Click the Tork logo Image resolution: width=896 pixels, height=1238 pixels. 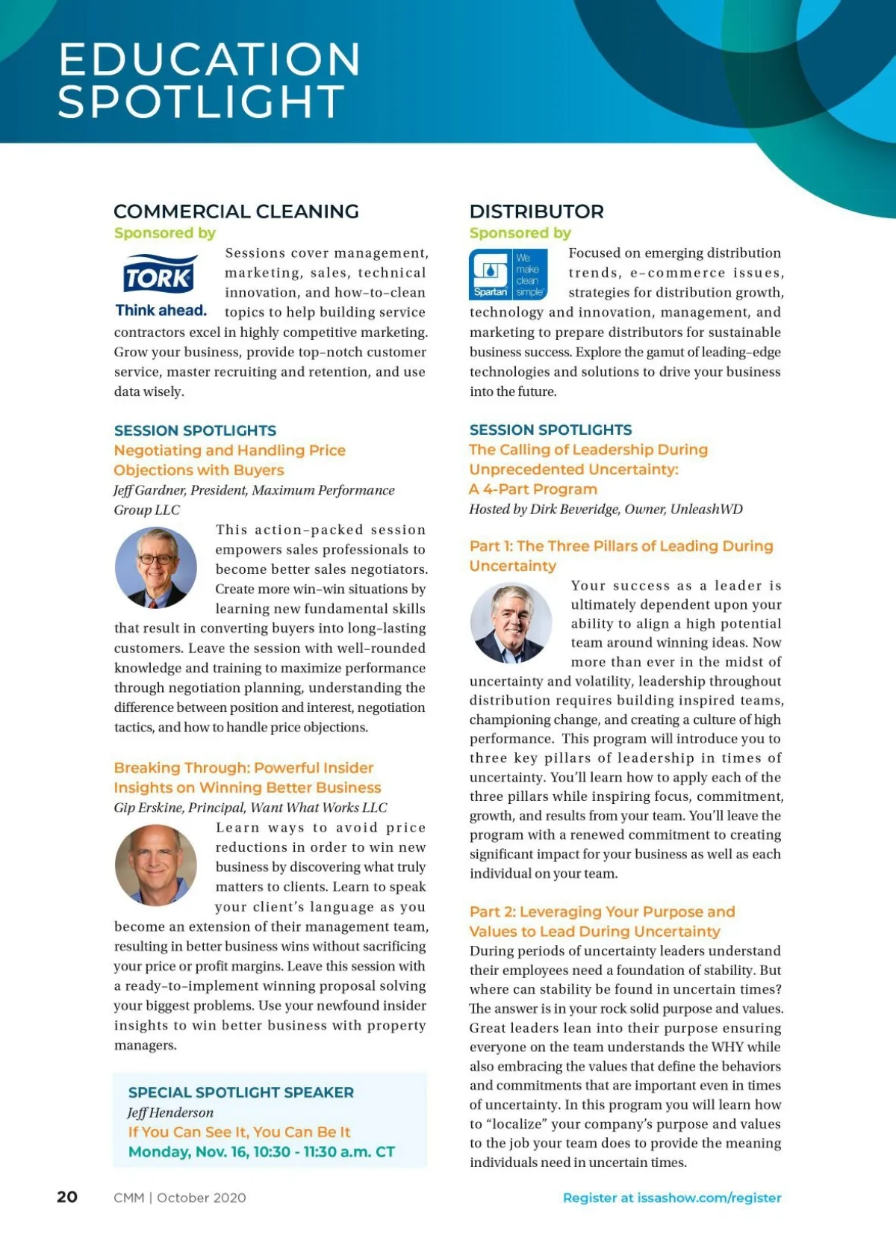click(160, 276)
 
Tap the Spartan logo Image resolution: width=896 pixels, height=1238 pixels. click(508, 274)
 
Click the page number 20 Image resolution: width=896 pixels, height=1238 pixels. click(67, 1196)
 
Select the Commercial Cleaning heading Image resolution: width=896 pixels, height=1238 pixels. click(236, 211)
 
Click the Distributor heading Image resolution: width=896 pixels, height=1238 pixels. click(536, 211)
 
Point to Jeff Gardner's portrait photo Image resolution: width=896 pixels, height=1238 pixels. click(156, 567)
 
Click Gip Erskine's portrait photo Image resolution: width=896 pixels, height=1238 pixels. click(156, 865)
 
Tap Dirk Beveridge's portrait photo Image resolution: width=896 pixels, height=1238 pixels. click(511, 624)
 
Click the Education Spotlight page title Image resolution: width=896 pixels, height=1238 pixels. click(209, 80)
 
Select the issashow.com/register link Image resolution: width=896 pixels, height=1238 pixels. click(672, 1198)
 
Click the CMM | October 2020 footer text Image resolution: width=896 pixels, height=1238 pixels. click(179, 1198)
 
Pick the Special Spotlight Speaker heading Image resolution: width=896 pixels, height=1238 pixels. click(241, 1092)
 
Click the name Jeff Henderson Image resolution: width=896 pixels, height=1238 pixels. click(170, 1112)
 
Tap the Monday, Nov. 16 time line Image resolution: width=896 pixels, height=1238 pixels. click(261, 1151)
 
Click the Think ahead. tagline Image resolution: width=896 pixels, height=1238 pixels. click(161, 310)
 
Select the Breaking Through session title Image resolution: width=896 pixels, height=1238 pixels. click(247, 777)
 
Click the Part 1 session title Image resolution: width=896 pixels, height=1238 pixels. click(620, 555)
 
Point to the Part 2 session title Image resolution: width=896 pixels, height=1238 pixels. click(602, 921)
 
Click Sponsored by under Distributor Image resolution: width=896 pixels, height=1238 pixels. click(520, 233)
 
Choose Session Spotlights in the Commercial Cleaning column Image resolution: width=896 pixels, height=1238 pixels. click(195, 430)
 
